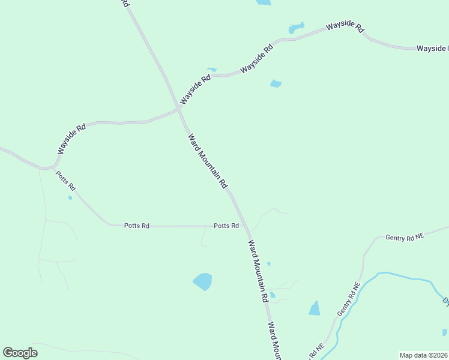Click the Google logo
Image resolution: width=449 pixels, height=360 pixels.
click(x=20, y=353)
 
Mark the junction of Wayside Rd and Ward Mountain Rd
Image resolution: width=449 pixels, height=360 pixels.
click(x=178, y=109)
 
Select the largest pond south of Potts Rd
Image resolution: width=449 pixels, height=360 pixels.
click(x=203, y=281)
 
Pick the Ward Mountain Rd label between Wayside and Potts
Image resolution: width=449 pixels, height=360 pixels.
click(x=208, y=161)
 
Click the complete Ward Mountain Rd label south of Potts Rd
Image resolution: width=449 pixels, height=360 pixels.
click(x=258, y=271)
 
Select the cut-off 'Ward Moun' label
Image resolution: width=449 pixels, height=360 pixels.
click(x=274, y=341)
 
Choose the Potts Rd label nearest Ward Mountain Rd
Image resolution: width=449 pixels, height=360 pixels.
click(x=226, y=226)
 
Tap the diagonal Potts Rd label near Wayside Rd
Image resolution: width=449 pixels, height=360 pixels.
click(x=65, y=180)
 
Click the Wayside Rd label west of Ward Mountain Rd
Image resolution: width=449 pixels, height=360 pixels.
click(x=71, y=137)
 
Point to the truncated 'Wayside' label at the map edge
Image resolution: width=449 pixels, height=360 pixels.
click(x=432, y=47)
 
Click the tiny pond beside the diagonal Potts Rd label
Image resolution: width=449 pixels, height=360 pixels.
click(x=70, y=197)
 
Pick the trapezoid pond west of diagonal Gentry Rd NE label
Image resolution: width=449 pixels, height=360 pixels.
click(x=315, y=308)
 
